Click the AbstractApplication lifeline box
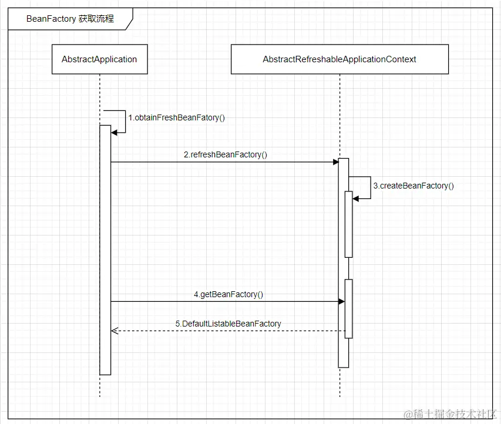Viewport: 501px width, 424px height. (x=99, y=59)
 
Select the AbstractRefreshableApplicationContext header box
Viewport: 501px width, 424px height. (x=339, y=59)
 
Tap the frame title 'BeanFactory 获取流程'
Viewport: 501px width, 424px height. (x=70, y=19)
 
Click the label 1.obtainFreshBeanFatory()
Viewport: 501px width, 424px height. (x=176, y=117)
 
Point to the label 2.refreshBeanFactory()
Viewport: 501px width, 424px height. (x=225, y=155)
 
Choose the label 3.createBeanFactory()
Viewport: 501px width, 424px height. (x=413, y=186)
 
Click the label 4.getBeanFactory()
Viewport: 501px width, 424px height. (x=228, y=295)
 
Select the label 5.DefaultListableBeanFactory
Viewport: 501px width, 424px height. (x=228, y=324)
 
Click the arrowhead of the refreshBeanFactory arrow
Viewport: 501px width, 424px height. (x=335, y=162)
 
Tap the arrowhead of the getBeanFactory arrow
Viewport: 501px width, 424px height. (x=341, y=302)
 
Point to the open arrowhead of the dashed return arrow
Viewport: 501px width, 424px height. (x=115, y=331)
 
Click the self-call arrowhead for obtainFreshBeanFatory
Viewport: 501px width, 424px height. (x=115, y=132)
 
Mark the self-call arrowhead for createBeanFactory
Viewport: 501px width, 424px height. (x=355, y=198)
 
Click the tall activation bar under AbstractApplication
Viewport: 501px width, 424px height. (x=105, y=253)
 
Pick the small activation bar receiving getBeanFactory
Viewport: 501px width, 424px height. (x=348, y=308)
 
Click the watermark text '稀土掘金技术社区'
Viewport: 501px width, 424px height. (x=447, y=413)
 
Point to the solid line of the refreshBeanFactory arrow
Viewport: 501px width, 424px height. (x=223, y=162)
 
